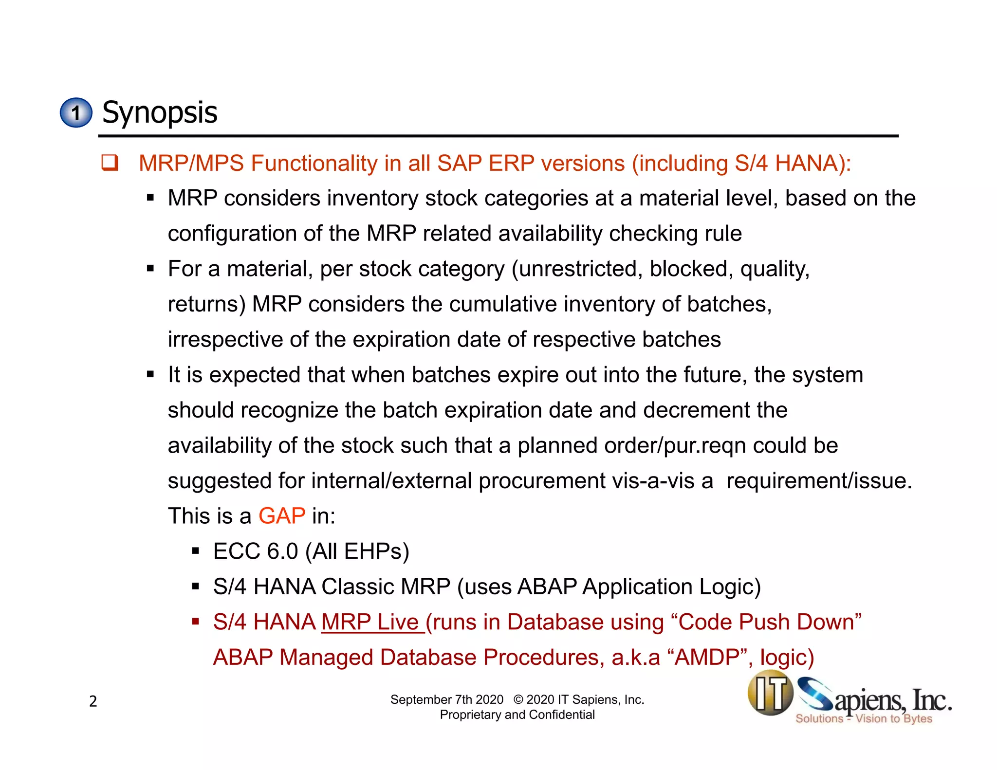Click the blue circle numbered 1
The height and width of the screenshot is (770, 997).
(76, 113)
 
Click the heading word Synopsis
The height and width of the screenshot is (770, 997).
(159, 112)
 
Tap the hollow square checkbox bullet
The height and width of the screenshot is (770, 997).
(110, 163)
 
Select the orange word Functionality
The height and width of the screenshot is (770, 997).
(314, 163)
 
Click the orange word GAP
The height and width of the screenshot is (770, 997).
(281, 516)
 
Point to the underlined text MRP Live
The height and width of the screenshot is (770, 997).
(372, 622)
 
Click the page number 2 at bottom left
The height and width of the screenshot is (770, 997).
(93, 701)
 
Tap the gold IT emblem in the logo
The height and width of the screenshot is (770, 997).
(770, 693)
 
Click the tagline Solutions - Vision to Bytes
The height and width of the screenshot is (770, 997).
(864, 719)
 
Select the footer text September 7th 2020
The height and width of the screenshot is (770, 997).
(446, 700)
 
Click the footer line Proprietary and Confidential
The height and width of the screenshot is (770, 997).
(517, 715)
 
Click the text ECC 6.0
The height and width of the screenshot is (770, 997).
(255, 551)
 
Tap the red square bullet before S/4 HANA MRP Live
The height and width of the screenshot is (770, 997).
(196, 622)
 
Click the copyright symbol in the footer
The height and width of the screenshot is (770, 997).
(518, 700)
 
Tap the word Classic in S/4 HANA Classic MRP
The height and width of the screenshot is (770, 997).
(357, 587)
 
